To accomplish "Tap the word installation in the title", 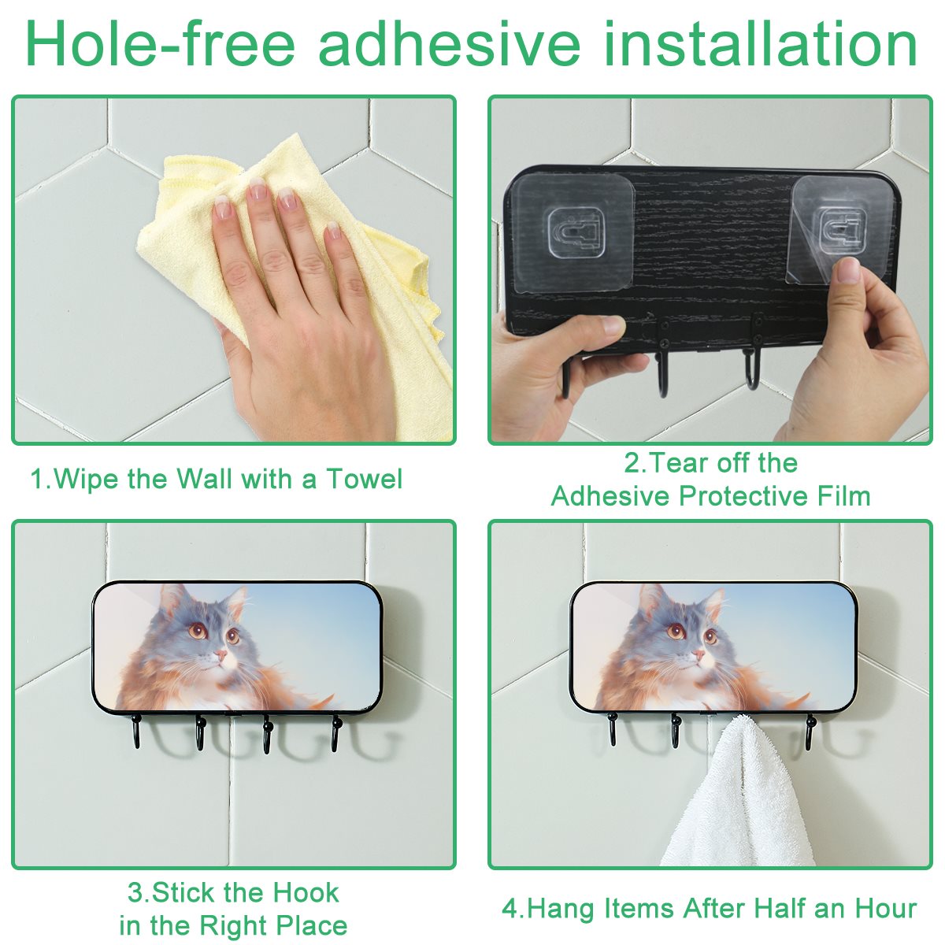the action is (x=761, y=43).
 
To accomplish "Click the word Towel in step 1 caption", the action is (x=365, y=478).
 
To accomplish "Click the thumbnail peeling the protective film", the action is (x=847, y=269).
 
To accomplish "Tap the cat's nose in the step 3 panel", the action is (x=221, y=654).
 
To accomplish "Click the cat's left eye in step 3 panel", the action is (x=198, y=630).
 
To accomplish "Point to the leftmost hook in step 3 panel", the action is (x=135, y=732).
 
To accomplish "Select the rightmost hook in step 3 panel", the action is (x=336, y=733).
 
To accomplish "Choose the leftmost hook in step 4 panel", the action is (x=612, y=730).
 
